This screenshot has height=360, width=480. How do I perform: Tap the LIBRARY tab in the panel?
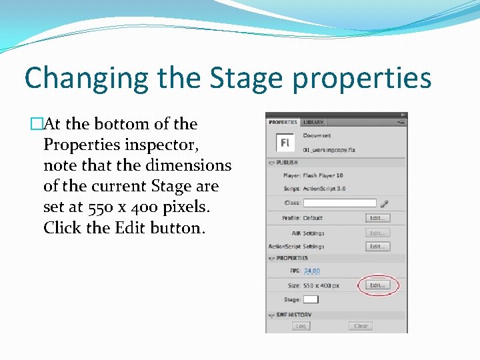pyautogui.click(x=313, y=122)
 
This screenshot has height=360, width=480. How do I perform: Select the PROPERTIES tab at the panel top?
pyautogui.click(x=283, y=122)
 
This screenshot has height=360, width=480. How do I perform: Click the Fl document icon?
pyautogui.click(x=285, y=143)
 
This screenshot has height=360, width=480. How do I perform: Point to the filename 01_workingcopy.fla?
pyautogui.click(x=329, y=150)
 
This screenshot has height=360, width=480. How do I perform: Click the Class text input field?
pyautogui.click(x=340, y=203)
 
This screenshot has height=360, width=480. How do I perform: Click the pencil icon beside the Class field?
pyautogui.click(x=384, y=203)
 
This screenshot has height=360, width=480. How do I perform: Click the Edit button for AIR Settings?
pyautogui.click(x=377, y=233)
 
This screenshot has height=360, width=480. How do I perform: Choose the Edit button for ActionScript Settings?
pyautogui.click(x=377, y=247)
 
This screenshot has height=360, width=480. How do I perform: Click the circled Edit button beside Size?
pyautogui.click(x=377, y=285)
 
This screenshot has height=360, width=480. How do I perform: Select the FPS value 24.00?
pyautogui.click(x=311, y=271)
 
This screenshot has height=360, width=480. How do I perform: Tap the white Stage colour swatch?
pyautogui.click(x=311, y=299)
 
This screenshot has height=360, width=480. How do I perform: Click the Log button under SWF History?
pyautogui.click(x=301, y=326)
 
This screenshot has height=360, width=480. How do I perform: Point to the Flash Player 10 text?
pyautogui.click(x=323, y=175)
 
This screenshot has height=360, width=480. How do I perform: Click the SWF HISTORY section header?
pyautogui.click(x=294, y=315)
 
